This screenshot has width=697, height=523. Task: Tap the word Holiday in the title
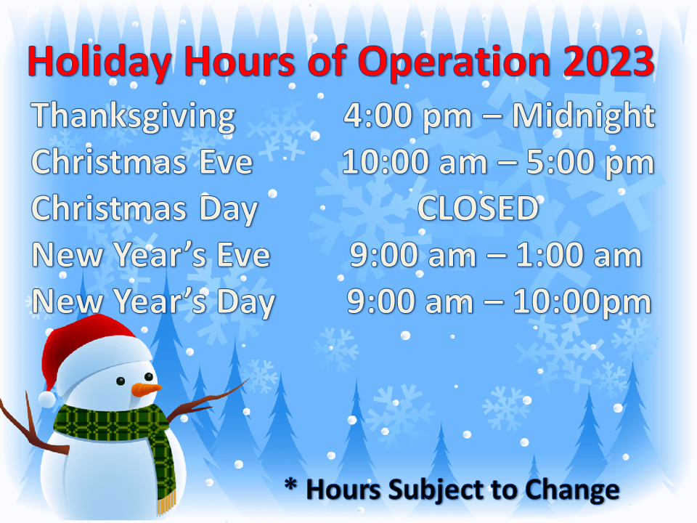tap(99, 62)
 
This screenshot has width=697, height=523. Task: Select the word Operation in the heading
tap(454, 62)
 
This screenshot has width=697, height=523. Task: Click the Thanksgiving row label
tap(134, 116)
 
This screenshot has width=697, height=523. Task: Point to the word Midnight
tap(584, 116)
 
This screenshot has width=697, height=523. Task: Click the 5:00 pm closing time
tap(590, 163)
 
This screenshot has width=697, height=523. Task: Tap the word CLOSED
tap(478, 208)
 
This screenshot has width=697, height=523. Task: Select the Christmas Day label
tap(144, 209)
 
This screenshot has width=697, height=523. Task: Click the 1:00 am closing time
tap(579, 255)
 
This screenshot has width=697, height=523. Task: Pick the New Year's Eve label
tap(151, 255)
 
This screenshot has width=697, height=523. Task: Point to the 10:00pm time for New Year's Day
tap(582, 303)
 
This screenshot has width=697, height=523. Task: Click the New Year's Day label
tap(154, 302)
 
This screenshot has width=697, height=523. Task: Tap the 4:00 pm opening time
tap(407, 117)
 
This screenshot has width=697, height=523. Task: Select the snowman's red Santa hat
tap(89, 352)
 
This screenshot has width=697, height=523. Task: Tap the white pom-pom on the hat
tap(47, 399)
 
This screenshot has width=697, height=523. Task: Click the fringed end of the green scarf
tap(166, 501)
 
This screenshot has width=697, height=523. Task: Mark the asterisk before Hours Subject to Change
tap(290, 485)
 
